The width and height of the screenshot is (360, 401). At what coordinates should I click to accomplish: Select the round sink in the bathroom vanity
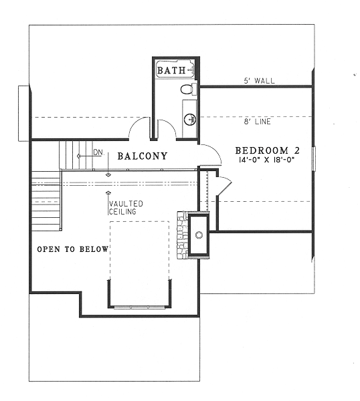click(189, 119)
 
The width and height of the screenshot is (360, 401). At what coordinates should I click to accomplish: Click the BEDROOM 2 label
click(266, 150)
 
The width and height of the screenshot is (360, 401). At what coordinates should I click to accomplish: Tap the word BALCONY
click(142, 157)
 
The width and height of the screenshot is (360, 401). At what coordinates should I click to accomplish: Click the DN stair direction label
click(98, 152)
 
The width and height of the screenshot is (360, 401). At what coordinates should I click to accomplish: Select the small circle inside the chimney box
click(199, 235)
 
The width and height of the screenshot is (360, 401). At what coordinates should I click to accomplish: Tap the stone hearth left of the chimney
click(182, 235)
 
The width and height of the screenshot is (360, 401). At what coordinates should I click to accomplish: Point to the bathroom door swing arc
click(167, 130)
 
